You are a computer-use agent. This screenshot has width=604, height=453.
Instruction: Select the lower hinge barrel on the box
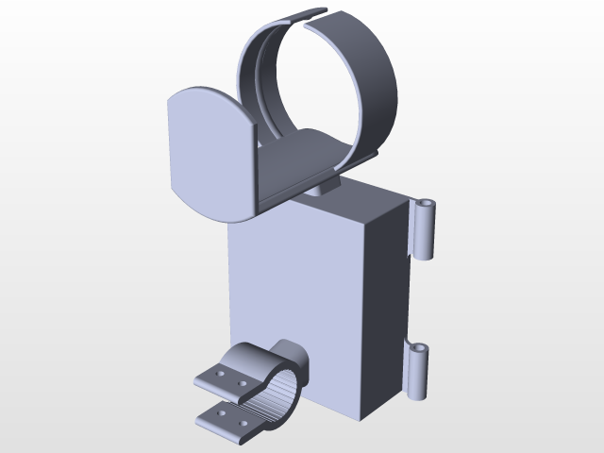click(416, 374)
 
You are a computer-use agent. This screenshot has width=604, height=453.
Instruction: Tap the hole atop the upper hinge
click(427, 203)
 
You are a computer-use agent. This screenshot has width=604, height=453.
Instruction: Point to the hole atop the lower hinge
click(417, 349)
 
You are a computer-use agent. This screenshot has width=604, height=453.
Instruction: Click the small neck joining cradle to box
click(323, 188)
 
